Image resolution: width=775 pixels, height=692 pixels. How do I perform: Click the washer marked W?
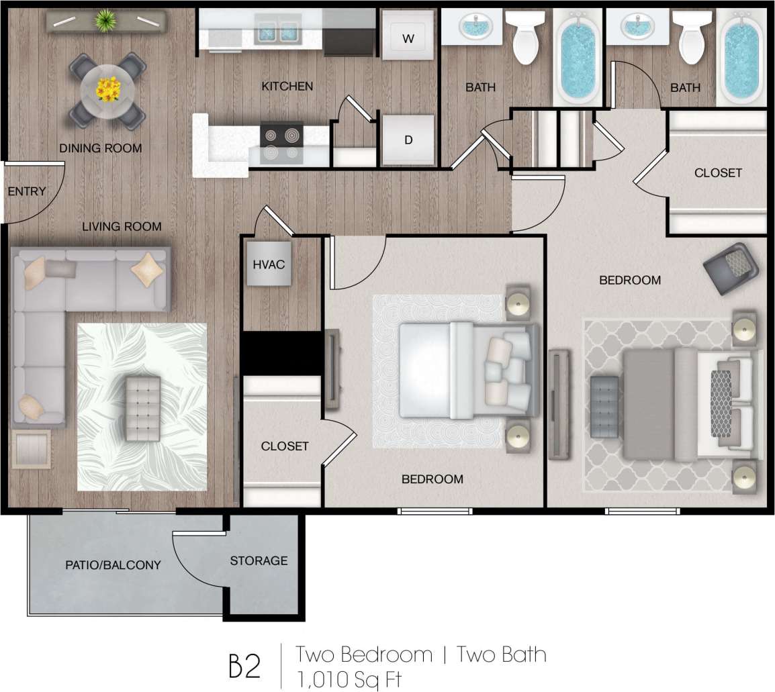tap(408, 38)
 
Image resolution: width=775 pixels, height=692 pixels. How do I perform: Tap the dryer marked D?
tap(408, 140)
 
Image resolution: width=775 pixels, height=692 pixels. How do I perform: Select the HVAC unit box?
tap(269, 264)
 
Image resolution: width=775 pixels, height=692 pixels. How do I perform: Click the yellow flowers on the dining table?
tap(107, 88)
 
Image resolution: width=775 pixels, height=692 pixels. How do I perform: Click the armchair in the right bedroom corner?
tap(731, 268)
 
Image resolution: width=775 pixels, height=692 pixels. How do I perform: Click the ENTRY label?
tap(27, 192)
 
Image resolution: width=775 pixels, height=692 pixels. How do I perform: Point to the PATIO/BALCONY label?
tap(113, 565)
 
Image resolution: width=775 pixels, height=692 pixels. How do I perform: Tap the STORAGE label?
tap(259, 560)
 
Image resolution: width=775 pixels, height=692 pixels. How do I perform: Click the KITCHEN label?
tap(287, 87)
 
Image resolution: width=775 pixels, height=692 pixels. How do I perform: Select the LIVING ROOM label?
tap(122, 227)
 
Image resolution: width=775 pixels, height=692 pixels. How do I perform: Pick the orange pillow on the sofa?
tap(147, 270)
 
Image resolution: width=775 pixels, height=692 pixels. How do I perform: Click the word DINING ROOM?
tap(101, 148)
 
